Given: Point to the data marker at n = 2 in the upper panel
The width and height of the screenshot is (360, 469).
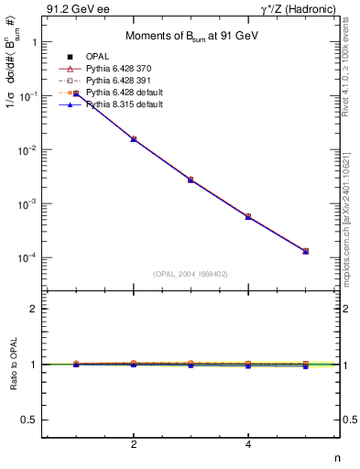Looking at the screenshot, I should [x=134, y=139].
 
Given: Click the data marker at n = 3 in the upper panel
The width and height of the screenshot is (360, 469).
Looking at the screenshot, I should [x=191, y=180].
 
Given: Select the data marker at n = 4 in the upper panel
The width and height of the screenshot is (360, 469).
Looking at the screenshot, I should [x=248, y=216].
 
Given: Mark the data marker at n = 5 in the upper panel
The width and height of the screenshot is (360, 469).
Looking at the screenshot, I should [x=305, y=251].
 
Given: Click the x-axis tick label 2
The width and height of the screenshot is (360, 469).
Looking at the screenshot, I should [x=134, y=445].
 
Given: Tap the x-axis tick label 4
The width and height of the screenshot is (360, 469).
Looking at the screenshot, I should [x=248, y=445].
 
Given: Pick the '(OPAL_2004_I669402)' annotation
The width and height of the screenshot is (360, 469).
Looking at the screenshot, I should [x=191, y=274].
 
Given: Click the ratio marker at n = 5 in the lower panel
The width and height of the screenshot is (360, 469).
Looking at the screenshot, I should [x=305, y=365].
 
